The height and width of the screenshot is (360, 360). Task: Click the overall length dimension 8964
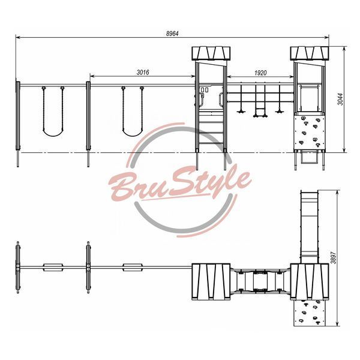[172, 34]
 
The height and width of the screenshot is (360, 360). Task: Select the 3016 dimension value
[143, 73]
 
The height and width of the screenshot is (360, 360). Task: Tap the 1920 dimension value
[260, 73]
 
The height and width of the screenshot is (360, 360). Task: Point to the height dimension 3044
[341, 99]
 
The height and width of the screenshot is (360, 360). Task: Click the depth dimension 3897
[334, 257]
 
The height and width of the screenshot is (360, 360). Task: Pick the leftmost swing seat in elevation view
[53, 133]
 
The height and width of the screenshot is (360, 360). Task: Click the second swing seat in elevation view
[133, 133]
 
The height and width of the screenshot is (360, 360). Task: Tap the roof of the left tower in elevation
[211, 53]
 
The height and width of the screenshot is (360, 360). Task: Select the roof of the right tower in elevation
[310, 53]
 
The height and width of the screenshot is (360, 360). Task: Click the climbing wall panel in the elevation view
[310, 132]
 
